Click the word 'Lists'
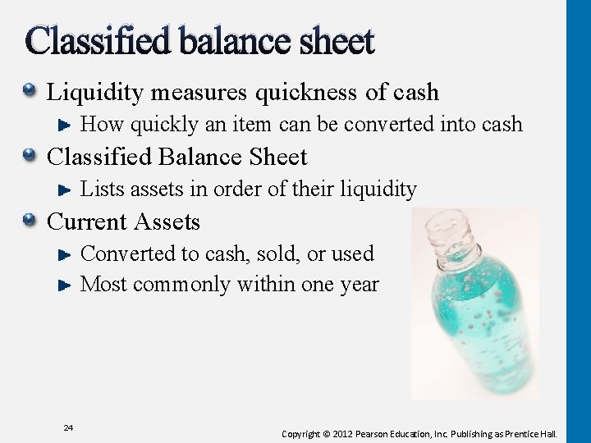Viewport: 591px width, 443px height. tap(101, 190)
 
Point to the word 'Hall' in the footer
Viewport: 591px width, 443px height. tap(546, 433)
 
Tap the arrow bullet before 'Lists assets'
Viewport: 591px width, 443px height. tap(68, 190)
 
